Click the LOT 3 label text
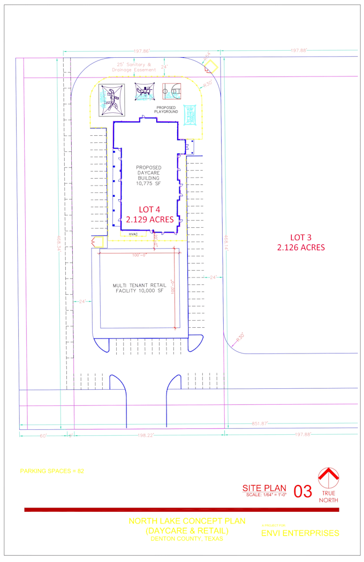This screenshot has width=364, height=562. [x=301, y=237]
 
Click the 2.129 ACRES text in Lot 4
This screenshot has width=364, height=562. [x=150, y=219]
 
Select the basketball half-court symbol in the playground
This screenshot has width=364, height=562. [x=172, y=92]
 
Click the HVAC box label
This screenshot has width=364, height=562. [x=132, y=234]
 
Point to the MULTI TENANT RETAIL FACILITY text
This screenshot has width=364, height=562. [x=138, y=288]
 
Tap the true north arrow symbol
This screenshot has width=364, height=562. [x=329, y=478]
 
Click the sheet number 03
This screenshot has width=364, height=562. [x=303, y=491]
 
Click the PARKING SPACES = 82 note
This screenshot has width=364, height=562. [x=52, y=471]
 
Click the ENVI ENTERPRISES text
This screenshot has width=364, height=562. [x=300, y=533]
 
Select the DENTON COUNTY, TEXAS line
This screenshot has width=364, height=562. [x=186, y=538]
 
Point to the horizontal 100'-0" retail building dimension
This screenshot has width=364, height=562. [x=139, y=255]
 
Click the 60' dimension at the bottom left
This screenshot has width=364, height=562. [x=42, y=435]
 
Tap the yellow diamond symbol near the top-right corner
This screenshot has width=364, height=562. [x=210, y=66]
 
